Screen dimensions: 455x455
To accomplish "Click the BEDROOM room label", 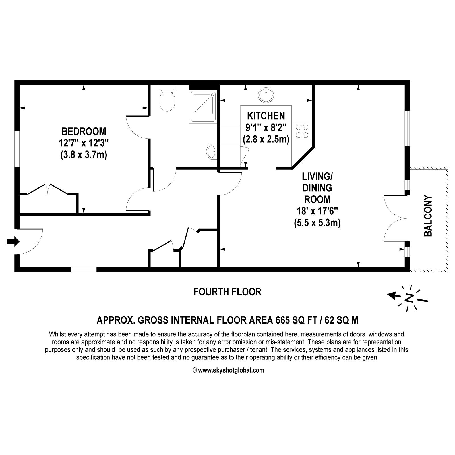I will [x=84, y=131].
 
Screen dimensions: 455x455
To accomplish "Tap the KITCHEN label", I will [x=266, y=116].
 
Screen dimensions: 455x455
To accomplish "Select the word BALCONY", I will [x=428, y=216].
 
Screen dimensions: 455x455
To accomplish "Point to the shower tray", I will [x=202, y=107].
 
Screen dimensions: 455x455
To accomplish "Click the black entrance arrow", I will [x=13, y=242].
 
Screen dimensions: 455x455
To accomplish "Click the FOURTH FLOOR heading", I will [x=227, y=292].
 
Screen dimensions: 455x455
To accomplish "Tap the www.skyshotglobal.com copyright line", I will [x=228, y=370].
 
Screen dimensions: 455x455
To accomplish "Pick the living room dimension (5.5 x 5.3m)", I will [x=317, y=223].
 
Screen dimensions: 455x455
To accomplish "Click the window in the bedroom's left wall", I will [x=17, y=148].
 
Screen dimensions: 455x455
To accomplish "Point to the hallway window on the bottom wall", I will [x=84, y=270].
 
